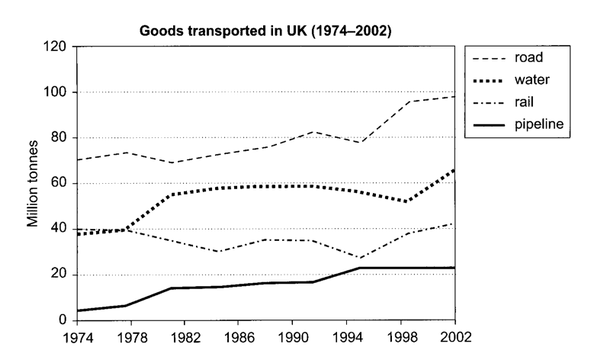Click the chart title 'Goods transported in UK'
[x=223, y=31]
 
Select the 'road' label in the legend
[x=528, y=57]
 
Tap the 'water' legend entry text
[x=532, y=79]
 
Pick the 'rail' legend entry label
[x=525, y=101]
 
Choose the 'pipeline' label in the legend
[x=539, y=124]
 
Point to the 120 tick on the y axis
[x=55, y=47]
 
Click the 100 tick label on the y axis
[x=55, y=92]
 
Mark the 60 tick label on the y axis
[x=59, y=183]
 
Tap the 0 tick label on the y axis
[x=63, y=320]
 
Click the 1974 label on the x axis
[x=78, y=337]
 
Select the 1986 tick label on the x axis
[x=239, y=337]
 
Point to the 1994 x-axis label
[x=347, y=337]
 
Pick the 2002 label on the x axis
[x=456, y=336]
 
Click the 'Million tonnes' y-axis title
[x=33, y=184]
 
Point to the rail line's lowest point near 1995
[x=360, y=259]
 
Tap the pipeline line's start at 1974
[x=78, y=310]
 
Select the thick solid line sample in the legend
[x=489, y=125]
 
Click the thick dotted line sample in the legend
[x=489, y=81]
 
